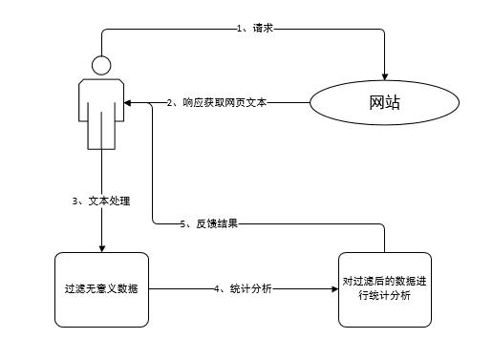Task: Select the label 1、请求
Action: point(256,29)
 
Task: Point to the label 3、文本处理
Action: point(101,201)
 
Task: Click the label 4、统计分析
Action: point(243,288)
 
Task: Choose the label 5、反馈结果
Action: point(209,224)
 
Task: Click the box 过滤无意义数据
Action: point(101,288)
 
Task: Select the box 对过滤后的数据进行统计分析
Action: point(385,288)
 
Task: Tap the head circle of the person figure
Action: point(101,66)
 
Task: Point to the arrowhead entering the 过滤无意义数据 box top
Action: point(101,247)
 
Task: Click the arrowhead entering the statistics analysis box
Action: point(333,288)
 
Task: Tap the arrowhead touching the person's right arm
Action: point(129,102)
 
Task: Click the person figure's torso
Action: point(101,95)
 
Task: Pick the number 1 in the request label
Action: point(239,29)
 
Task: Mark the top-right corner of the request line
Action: point(383,30)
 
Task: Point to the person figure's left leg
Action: point(95,134)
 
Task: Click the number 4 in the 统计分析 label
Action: point(219,288)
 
